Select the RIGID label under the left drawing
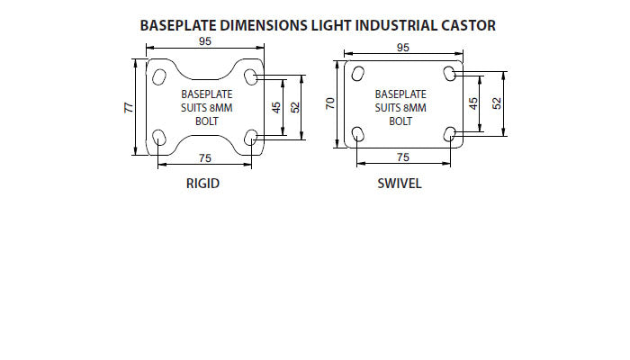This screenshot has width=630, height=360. click(202, 184)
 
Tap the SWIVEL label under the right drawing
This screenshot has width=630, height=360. click(400, 184)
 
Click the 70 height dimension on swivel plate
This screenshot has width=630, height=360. click(330, 105)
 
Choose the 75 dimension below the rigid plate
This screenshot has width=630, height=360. click(204, 158)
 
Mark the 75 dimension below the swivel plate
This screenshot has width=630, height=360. click(402, 157)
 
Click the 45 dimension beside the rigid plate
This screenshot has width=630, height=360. click(276, 107)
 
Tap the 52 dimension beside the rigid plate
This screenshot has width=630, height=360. click(295, 107)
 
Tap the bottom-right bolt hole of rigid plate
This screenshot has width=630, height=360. click(251, 138)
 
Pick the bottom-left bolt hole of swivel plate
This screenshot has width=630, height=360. click(357, 135)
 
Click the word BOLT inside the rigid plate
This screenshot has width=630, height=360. click(207, 122)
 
